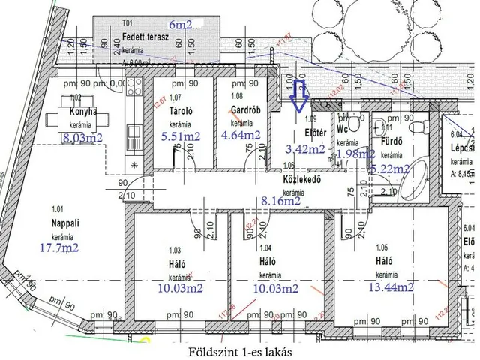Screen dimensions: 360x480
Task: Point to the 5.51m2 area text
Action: [182, 137]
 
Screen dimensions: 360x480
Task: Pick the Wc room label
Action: [343, 129]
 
